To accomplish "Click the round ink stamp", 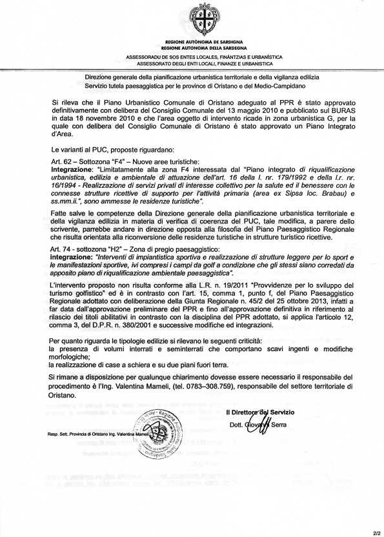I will point(154,434).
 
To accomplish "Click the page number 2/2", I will point(377,532).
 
